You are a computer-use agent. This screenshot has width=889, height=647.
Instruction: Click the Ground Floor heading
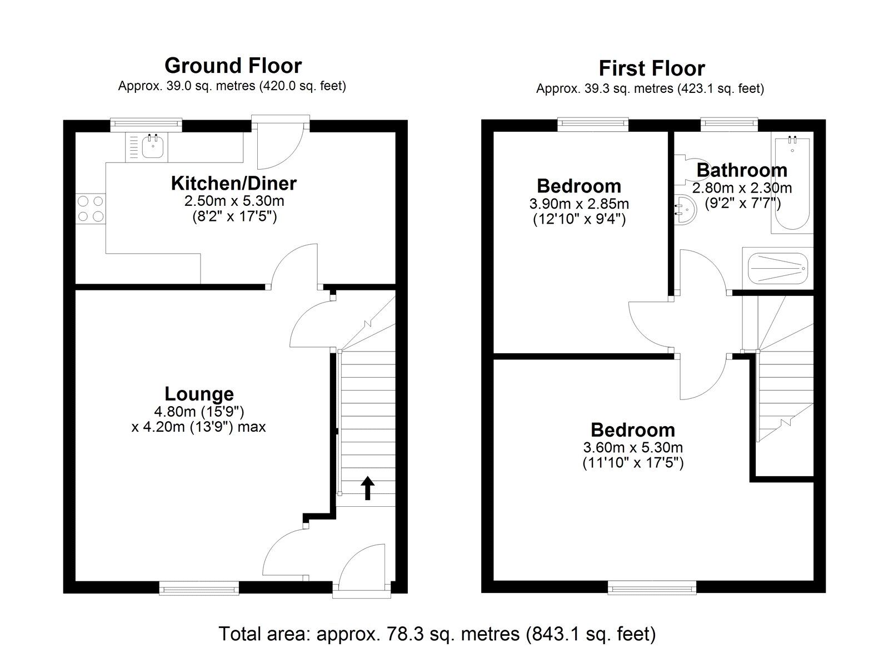point(233,66)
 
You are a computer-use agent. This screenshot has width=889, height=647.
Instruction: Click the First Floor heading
point(651,68)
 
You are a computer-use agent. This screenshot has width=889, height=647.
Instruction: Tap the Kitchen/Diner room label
point(233,183)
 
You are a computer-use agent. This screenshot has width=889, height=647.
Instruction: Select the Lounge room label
point(199,394)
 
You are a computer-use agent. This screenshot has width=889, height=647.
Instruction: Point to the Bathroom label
point(742,170)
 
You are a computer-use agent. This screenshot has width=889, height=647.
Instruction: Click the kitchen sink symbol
point(151,147)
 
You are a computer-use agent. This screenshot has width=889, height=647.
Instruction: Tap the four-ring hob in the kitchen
point(90,209)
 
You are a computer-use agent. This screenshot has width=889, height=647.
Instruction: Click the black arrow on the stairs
point(367,488)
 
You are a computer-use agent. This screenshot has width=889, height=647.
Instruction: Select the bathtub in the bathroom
point(791,184)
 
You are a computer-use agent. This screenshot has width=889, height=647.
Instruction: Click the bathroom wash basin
point(684,209)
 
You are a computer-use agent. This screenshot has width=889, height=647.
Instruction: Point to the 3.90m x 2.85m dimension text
point(579,204)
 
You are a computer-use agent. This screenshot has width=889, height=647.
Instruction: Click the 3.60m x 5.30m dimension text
point(632,447)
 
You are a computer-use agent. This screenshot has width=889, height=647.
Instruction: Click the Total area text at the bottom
point(437,634)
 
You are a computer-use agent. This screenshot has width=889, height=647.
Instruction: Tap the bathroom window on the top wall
point(728,124)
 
